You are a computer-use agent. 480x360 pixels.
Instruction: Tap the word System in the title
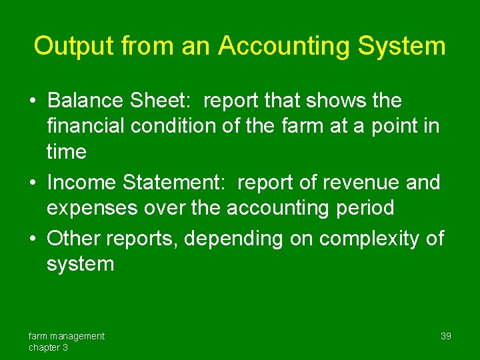tap(402, 46)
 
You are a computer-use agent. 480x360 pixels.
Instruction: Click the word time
tap(66, 151)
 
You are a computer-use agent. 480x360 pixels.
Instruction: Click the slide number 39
tap(446, 336)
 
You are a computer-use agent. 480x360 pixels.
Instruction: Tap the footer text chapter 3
tap(48, 347)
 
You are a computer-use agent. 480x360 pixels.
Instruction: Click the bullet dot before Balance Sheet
tap(33, 101)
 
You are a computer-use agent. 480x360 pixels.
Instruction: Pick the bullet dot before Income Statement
tap(33, 183)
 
